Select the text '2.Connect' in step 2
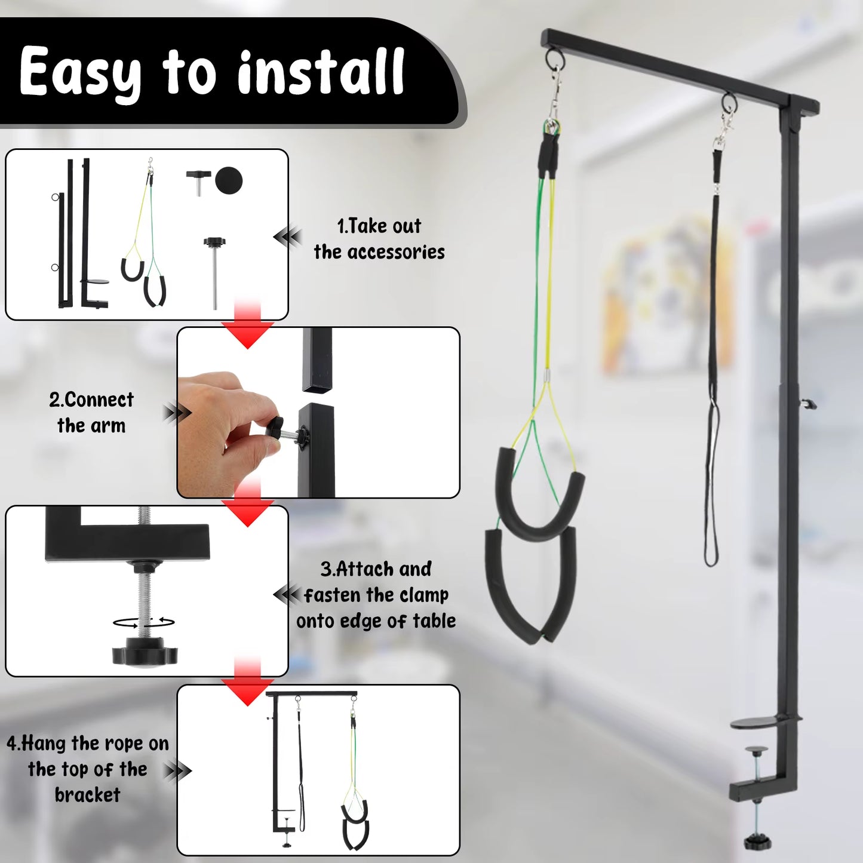tap(91, 400)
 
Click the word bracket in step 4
tap(87, 795)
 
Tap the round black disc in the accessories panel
tap(229, 180)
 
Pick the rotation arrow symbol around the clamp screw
tap(144, 622)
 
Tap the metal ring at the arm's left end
tap(555, 59)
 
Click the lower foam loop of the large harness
tap(530, 585)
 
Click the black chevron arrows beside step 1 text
tap(288, 237)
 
